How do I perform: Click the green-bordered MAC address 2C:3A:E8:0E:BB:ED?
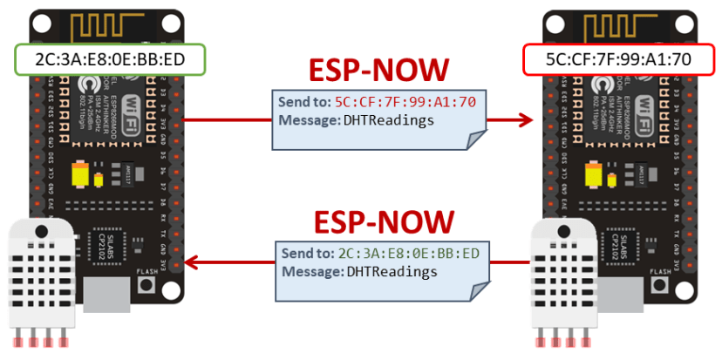(110, 59)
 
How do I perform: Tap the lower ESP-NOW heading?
(378, 221)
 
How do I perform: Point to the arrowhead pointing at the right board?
(525, 119)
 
